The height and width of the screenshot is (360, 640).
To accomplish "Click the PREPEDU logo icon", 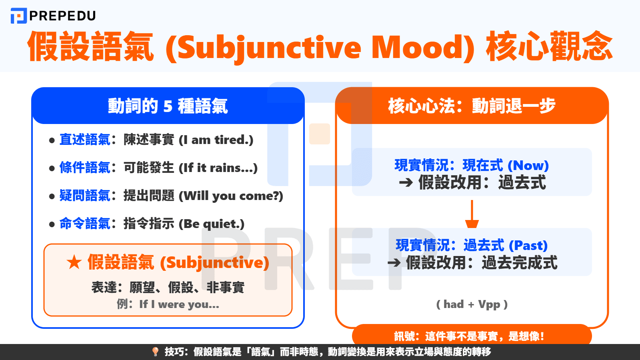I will [18, 16].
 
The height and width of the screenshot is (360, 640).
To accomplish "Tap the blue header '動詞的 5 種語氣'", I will [168, 106].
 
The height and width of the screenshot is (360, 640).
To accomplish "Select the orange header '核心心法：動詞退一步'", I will [472, 106].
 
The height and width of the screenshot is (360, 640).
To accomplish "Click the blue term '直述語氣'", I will [85, 140].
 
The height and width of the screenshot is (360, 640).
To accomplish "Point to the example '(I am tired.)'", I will [216, 140].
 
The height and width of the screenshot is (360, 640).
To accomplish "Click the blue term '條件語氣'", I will [85, 168].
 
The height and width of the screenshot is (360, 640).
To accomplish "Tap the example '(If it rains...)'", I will [218, 168].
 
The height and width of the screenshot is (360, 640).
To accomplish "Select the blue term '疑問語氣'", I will [85, 196].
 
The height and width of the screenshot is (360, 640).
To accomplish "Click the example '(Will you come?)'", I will [231, 196].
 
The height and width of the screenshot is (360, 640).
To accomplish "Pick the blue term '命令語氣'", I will [85, 224].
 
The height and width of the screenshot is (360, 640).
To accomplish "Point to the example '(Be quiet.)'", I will [211, 224].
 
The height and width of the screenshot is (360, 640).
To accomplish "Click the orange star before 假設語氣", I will [74, 262].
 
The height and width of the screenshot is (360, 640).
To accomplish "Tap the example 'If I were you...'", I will [179, 304].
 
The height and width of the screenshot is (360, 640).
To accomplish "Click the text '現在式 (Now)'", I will [506, 165].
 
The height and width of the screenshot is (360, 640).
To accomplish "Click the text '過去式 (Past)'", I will [506, 245].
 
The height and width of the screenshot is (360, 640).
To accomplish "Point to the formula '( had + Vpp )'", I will [472, 304].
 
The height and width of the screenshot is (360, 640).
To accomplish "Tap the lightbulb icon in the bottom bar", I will [156, 352].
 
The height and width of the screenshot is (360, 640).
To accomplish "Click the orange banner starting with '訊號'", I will [472, 336].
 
